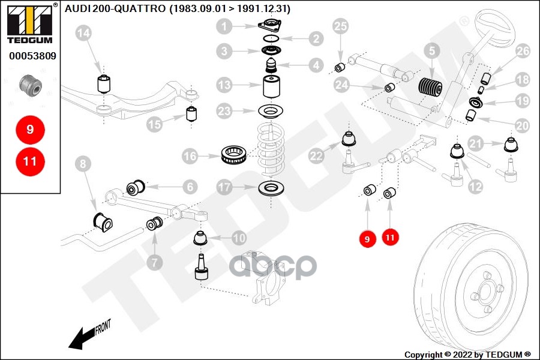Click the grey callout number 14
coord(85,34)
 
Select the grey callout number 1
coord(225,26)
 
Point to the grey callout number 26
coord(523,52)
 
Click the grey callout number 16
coord(190,157)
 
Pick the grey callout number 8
coord(83,163)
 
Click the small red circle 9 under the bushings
coord(366,239)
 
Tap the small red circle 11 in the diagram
coord(390,237)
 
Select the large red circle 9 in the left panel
coord(31,129)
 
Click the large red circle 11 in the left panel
coord(31,161)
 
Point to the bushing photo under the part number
coord(31,86)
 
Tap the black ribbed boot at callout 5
coord(430,90)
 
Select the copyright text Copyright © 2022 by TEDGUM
coord(467,354)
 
